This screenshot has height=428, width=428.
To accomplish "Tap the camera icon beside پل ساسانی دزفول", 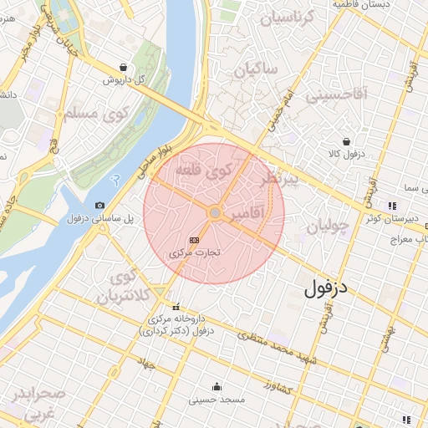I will (x=100, y=205).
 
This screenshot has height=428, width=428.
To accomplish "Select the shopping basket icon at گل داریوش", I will (x=124, y=68).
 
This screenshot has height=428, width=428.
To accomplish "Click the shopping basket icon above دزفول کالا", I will (x=345, y=141).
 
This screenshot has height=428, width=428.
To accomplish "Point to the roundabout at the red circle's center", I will (x=215, y=214).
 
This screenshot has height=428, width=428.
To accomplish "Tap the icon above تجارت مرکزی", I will (x=195, y=240).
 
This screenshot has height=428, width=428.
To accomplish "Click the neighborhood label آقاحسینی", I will (x=336, y=95).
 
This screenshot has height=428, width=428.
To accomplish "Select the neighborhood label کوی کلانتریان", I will (x=125, y=287).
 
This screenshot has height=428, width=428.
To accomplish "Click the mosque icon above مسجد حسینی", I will (x=217, y=386).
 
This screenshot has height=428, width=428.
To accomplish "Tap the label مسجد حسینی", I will (x=217, y=400).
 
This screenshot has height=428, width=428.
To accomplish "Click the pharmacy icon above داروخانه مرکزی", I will (x=176, y=306).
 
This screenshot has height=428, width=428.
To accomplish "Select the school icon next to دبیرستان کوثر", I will (x=391, y=206).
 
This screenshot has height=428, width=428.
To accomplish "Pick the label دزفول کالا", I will (x=345, y=154).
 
